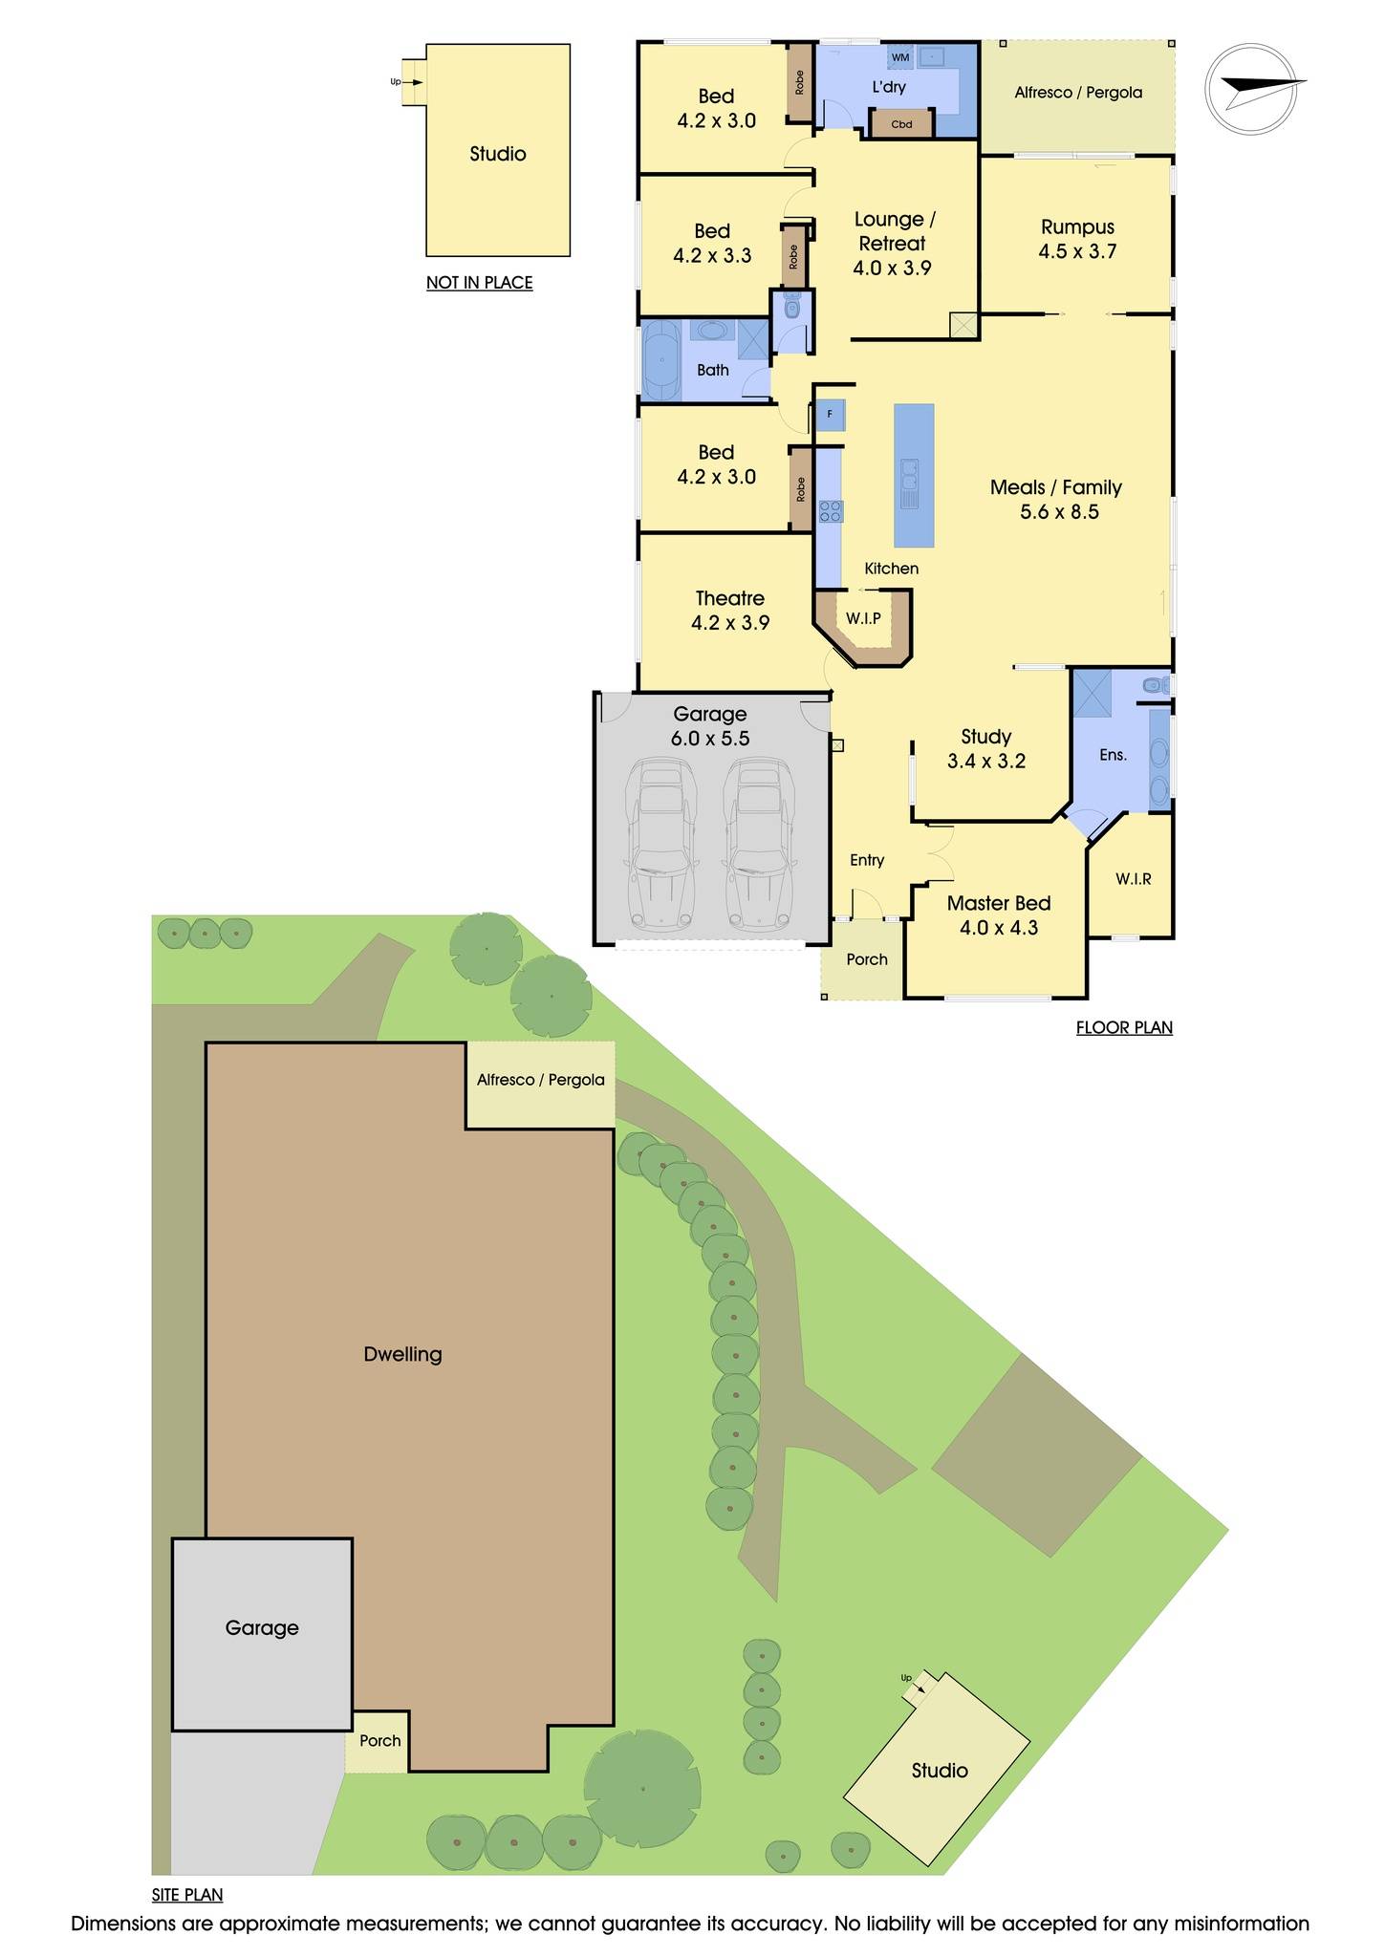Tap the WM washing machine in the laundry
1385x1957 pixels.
pos(900,57)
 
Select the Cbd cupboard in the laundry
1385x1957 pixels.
pos(901,124)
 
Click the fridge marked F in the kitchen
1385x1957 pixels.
pos(830,415)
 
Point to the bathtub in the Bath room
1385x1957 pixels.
pos(660,361)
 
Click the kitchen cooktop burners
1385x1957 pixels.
pos(830,511)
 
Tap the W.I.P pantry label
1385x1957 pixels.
pos(863,618)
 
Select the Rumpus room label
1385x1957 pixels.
pos(1077,227)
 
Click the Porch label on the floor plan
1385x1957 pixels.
pos(867,959)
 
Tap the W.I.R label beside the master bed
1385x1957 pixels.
pos(1133,879)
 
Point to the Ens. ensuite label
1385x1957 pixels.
pos(1113,755)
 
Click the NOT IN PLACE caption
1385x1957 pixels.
pos(479,283)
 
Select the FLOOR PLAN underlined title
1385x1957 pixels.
pos(1124,1028)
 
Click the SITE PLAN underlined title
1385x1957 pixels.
pos(187,1895)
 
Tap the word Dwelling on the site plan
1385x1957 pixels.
pos(402,1354)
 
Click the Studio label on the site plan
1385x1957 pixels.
pos(940,1771)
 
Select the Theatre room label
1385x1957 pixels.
pos(729,598)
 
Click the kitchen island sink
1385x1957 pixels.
pos(909,484)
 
